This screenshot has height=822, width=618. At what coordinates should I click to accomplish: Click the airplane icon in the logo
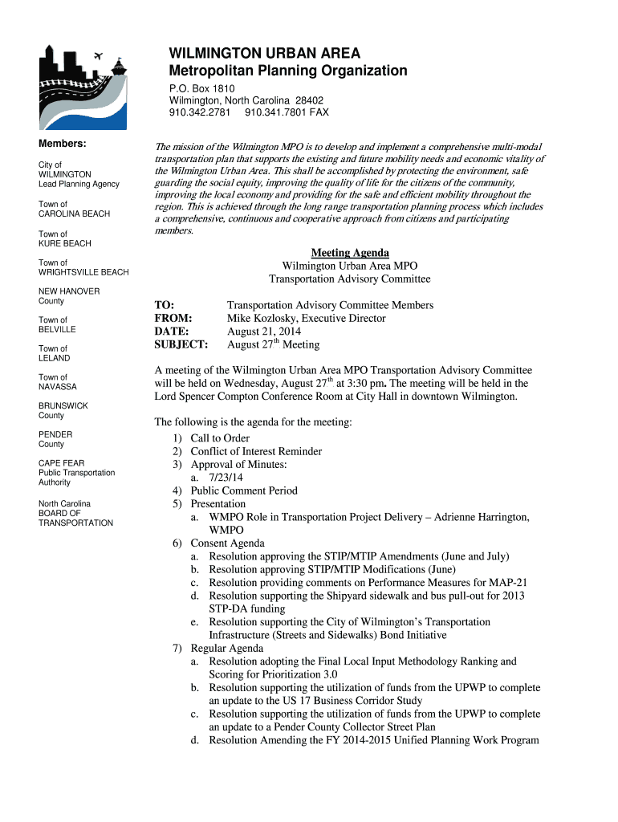tap(100, 55)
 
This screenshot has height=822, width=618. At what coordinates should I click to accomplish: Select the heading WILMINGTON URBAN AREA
tap(264, 54)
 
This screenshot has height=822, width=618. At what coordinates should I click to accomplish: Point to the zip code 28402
tap(308, 100)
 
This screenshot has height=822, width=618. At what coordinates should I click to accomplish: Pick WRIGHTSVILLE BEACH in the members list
tap(83, 273)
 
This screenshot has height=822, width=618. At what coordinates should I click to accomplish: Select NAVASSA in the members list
tap(58, 387)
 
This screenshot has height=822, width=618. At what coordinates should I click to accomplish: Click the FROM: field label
tap(173, 319)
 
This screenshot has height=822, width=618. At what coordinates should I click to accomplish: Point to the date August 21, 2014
tap(264, 332)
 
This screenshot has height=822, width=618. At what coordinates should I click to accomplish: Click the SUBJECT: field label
tap(181, 345)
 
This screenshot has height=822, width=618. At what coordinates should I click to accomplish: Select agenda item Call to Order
tap(220, 438)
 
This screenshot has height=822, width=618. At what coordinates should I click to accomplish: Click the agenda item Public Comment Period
tap(244, 490)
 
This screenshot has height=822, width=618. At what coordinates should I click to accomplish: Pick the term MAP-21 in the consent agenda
tap(512, 582)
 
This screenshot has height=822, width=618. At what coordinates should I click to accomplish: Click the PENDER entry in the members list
tap(55, 434)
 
